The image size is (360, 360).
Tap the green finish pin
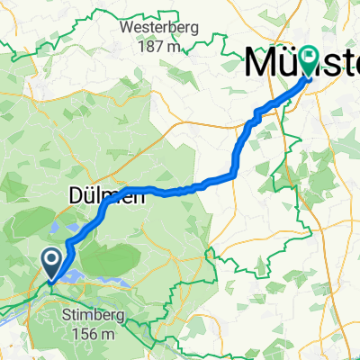click(x=309, y=62)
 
